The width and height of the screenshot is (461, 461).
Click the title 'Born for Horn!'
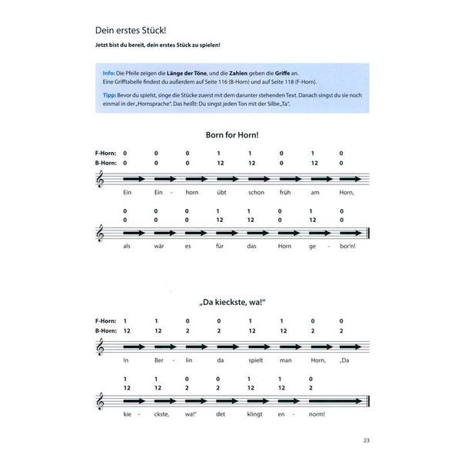coord(232,134)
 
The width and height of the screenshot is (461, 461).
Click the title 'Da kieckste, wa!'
coord(232,303)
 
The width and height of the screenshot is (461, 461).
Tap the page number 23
coord(366,440)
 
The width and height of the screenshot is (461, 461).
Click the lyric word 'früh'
coord(281,193)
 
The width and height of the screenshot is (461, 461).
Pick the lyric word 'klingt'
coord(250,416)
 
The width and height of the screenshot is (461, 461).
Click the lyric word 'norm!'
coord(313,416)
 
